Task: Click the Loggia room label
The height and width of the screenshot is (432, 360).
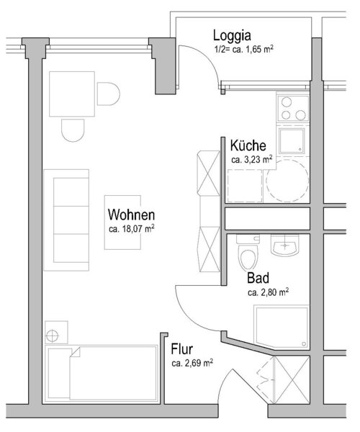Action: click(x=232, y=36)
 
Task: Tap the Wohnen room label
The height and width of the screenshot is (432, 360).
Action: click(x=131, y=215)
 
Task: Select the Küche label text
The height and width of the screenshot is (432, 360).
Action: click(x=248, y=145)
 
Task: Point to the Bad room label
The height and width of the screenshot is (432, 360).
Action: click(x=258, y=278)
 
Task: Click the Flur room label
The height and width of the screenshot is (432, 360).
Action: click(x=181, y=349)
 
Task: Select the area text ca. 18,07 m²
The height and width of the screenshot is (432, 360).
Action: click(x=131, y=229)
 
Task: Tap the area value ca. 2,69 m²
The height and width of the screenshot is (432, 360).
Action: click(x=192, y=363)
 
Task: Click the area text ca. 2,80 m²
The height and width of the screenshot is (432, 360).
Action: click(x=268, y=292)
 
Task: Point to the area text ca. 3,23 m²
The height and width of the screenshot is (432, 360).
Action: click(x=252, y=160)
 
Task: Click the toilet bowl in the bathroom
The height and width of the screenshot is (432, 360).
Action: click(x=248, y=258)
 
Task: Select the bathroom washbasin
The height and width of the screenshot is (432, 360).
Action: click(x=284, y=245)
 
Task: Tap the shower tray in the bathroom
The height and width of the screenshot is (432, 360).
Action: click(x=282, y=327)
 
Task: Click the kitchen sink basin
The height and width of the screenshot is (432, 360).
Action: click(x=292, y=140)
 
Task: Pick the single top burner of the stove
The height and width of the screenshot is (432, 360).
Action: click(x=287, y=102)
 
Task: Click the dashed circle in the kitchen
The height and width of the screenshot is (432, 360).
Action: click(x=287, y=181)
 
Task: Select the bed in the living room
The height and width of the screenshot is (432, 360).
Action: click(x=102, y=373)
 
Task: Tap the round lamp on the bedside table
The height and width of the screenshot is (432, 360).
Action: click(x=53, y=336)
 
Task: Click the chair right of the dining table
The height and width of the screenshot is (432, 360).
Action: click(x=109, y=94)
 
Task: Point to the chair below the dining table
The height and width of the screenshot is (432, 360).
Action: click(x=73, y=130)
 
